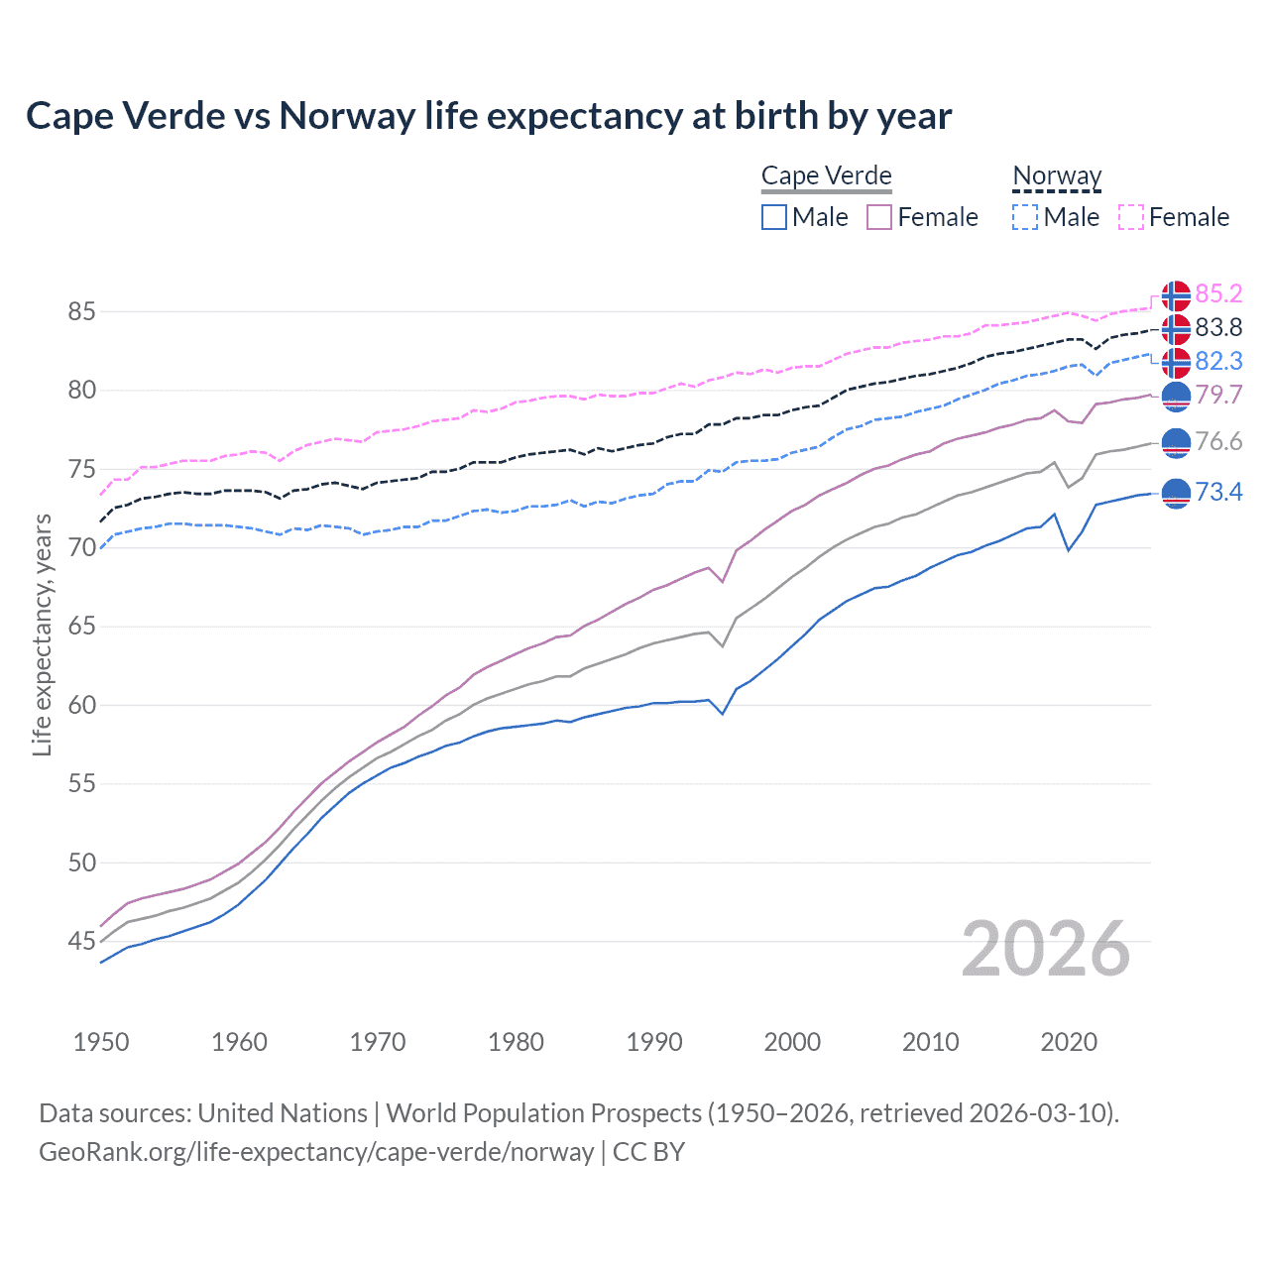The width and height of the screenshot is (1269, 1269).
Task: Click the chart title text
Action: click(x=489, y=116)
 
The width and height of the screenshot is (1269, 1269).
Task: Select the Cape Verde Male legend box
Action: click(x=774, y=217)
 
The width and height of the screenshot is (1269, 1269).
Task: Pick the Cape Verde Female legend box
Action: click(x=879, y=217)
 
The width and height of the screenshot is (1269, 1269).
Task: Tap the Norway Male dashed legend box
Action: click(x=1025, y=217)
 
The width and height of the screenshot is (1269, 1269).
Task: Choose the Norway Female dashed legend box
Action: click(x=1131, y=217)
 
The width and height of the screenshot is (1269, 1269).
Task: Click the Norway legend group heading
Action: click(x=1057, y=176)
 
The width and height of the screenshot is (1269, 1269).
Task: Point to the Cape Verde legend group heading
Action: click(x=827, y=176)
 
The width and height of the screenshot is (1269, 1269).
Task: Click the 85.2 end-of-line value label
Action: click(x=1218, y=293)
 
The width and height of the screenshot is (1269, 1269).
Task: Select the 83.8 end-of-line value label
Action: click(x=1218, y=327)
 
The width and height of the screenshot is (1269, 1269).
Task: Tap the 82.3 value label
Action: click(x=1218, y=361)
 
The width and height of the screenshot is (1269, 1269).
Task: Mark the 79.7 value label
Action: click(x=1218, y=395)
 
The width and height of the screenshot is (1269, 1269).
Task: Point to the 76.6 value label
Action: click(x=1218, y=441)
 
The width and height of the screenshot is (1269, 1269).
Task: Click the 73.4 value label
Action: click(x=1218, y=492)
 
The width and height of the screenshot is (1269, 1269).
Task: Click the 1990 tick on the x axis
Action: click(x=654, y=1042)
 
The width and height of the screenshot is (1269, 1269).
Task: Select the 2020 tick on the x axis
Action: click(x=1069, y=1042)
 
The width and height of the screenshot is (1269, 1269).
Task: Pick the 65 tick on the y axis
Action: click(x=82, y=627)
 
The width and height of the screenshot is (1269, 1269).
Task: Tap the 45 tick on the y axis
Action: click(x=82, y=941)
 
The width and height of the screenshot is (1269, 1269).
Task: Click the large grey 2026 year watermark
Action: click(x=1046, y=949)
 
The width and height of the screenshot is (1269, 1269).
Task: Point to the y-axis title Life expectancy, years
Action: click(x=42, y=634)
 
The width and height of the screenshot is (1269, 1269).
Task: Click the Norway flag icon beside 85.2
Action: click(x=1176, y=295)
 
